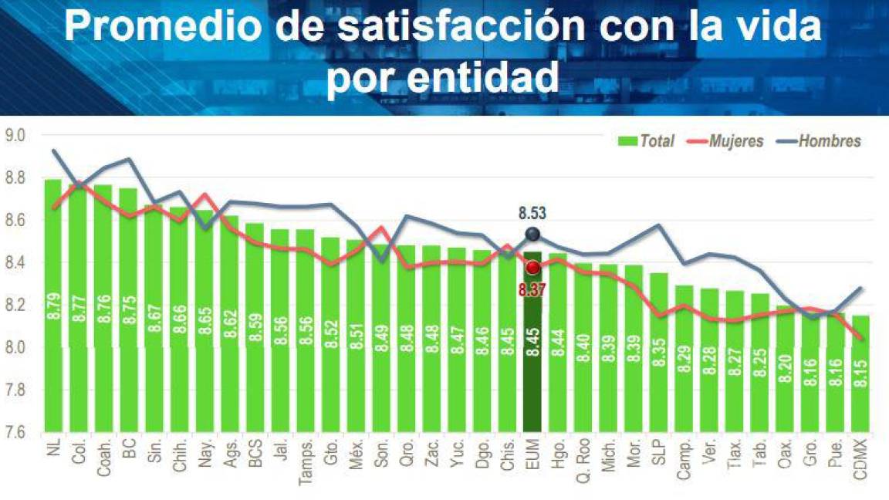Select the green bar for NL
(53, 309)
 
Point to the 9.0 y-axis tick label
(15, 136)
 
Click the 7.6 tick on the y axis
(15, 433)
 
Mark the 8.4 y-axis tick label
(15, 263)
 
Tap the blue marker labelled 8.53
(532, 235)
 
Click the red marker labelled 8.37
(532, 268)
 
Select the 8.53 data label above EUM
(532, 214)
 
